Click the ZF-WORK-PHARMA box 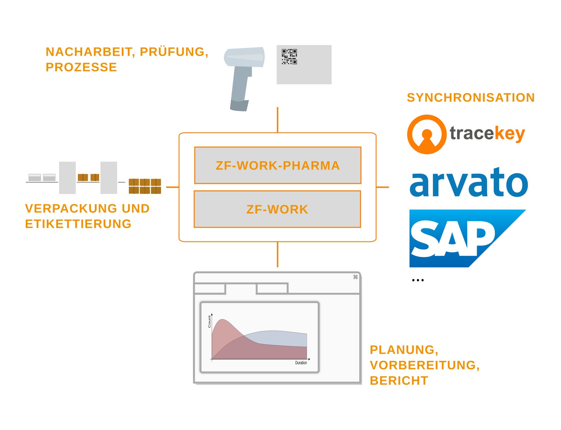coord(277,166)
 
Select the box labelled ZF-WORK coord(277,209)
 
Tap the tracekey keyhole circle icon coord(427,134)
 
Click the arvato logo coord(469,183)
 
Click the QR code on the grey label coord(289,57)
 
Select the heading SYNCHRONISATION coord(471,97)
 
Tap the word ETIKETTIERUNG coord(78,224)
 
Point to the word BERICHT coord(399,380)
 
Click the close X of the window coord(355,277)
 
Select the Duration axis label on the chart coord(301,363)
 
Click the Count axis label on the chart coord(209,322)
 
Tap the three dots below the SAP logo coord(418,280)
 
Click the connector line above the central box coord(277,120)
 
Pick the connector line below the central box coord(277,254)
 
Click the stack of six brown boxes coord(145,186)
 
